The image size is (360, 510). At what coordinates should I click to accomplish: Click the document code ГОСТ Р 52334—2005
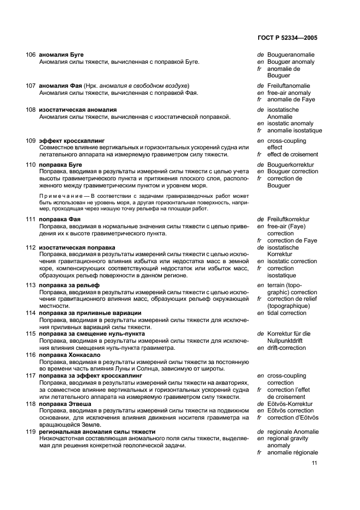click(x=286, y=38)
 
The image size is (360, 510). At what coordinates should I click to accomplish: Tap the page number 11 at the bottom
click(x=314, y=464)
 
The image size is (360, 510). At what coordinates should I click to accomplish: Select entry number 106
click(x=30, y=55)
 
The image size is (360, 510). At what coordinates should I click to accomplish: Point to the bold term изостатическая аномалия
click(x=77, y=110)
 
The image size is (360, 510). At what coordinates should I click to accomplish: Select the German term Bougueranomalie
click(x=291, y=55)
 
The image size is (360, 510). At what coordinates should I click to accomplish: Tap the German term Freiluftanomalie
click(x=289, y=86)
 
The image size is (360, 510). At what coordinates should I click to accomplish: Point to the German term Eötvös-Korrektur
click(x=290, y=404)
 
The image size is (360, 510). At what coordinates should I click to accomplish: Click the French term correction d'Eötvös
click(x=292, y=418)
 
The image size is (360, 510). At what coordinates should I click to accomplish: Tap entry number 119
click(x=30, y=432)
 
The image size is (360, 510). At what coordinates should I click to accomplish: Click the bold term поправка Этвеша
click(x=65, y=404)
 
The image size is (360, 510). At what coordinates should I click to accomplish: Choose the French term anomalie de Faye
click(x=291, y=100)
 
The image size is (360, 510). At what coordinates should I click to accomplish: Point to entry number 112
click(x=30, y=247)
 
